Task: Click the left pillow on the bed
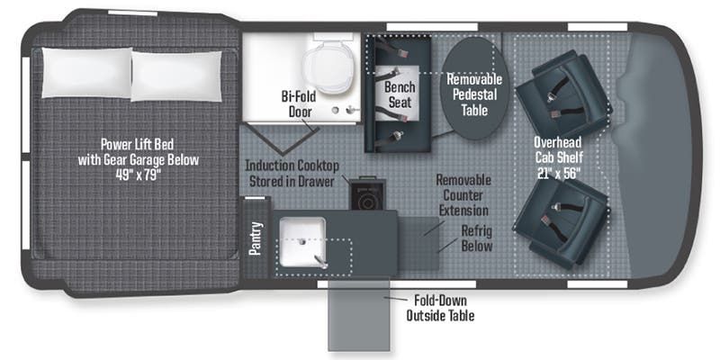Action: (83, 70)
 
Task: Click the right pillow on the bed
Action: (176, 70)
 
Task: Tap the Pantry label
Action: (255, 238)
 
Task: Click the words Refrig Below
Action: (473, 237)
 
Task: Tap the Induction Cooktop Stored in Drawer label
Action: (292, 173)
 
